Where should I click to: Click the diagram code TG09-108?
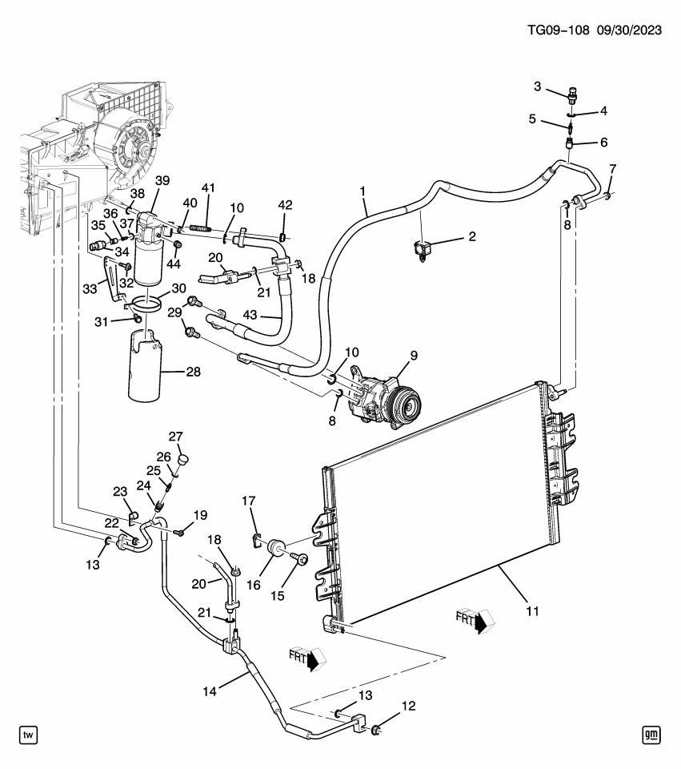(x=558, y=30)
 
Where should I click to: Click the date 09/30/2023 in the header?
(x=630, y=30)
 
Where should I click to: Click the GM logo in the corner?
(x=652, y=734)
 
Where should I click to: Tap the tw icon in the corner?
(x=28, y=734)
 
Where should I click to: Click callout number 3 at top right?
(x=538, y=87)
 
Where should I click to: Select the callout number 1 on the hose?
(x=363, y=192)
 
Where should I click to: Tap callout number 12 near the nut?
(x=408, y=706)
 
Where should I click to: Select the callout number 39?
(x=162, y=180)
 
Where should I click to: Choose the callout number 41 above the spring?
(x=209, y=187)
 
